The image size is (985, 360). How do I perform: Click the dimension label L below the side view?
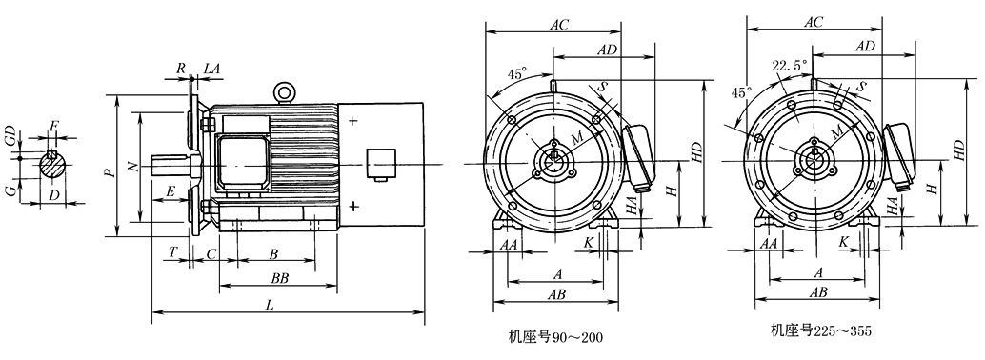(x=271, y=306)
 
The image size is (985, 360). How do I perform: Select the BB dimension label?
(x=279, y=278)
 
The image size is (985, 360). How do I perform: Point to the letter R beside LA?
(x=181, y=69)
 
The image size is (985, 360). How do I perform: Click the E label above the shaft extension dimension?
(x=171, y=192)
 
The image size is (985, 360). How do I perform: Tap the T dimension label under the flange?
(x=172, y=252)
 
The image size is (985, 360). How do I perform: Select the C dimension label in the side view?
(x=211, y=253)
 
